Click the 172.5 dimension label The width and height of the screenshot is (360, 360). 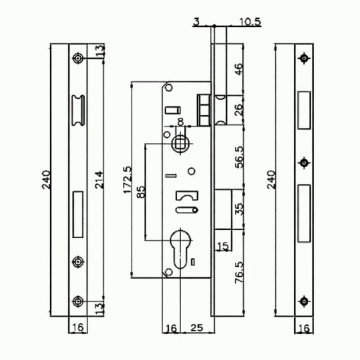128,180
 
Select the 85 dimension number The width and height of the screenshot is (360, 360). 141,191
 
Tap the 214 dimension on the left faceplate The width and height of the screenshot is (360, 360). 99,179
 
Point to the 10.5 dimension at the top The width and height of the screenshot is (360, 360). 250,22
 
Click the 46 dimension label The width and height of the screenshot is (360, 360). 239,69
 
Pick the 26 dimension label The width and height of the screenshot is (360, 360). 239,110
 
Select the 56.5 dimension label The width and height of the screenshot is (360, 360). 239,157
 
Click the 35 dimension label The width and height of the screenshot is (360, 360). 239,209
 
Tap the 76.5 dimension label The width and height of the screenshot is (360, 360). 239,273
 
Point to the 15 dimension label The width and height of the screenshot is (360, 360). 223,246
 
